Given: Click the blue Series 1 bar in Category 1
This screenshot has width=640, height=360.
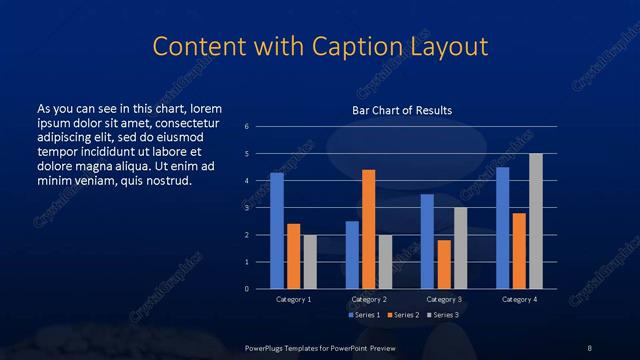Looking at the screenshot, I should pyautogui.click(x=277, y=231).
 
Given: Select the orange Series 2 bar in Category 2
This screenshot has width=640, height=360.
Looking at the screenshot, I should pyautogui.click(x=368, y=229).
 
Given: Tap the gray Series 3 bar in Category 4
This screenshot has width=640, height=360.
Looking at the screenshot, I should pyautogui.click(x=535, y=221).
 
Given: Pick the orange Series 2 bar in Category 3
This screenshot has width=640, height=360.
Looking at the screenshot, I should pyautogui.click(x=444, y=264).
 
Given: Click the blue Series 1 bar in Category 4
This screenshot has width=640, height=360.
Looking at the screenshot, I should pyautogui.click(x=503, y=228).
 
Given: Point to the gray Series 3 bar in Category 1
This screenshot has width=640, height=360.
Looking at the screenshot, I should pyautogui.click(x=310, y=262).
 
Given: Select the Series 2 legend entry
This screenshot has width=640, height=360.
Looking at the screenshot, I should pyautogui.click(x=403, y=315).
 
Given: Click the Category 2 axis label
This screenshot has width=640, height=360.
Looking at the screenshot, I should pyautogui.click(x=369, y=299).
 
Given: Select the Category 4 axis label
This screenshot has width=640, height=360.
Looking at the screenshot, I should pyautogui.click(x=519, y=299).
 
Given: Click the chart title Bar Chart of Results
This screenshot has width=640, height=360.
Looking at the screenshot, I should pyautogui.click(x=402, y=110).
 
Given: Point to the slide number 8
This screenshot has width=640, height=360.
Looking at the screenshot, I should pyautogui.click(x=589, y=346).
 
